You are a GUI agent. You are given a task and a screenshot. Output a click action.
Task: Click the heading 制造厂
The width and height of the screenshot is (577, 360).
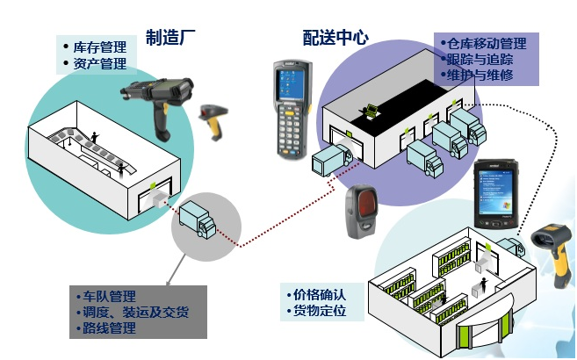pyautogui.click(x=170, y=38)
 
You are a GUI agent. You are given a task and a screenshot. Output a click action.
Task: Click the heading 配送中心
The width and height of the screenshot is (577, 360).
pyautogui.click(x=335, y=38)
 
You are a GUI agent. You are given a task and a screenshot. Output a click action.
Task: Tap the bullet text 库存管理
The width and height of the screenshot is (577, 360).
pyautogui.click(x=100, y=47)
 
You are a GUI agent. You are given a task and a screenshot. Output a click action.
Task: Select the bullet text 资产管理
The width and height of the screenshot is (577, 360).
pyautogui.click(x=100, y=63)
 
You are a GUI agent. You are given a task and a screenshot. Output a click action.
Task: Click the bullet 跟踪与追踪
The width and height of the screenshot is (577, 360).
pyautogui.click(x=480, y=59)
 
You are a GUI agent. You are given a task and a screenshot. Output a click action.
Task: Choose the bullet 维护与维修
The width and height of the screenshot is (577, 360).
pyautogui.click(x=480, y=76)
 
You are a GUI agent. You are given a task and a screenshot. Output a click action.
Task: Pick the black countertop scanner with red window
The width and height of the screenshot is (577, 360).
pyautogui.click(x=362, y=212)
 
